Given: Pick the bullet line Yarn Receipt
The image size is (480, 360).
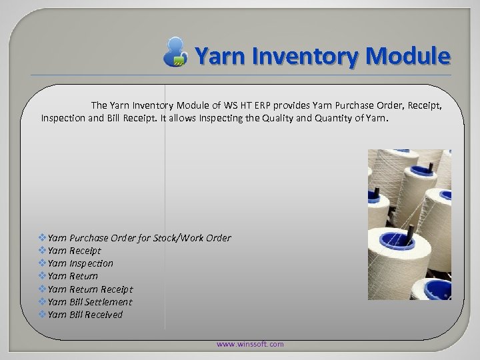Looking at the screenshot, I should click(x=74, y=251).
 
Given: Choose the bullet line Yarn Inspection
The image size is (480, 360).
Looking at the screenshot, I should click(x=80, y=263).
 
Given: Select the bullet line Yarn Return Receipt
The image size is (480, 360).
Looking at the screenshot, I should click(x=90, y=289).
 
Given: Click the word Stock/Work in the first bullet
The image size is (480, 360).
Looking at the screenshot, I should click(x=181, y=238).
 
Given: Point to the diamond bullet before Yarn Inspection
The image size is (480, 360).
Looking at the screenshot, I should click(x=43, y=263).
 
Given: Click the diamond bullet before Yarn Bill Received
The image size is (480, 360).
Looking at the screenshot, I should click(x=43, y=315).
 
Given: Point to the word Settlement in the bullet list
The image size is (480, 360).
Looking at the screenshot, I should click(x=108, y=302).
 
